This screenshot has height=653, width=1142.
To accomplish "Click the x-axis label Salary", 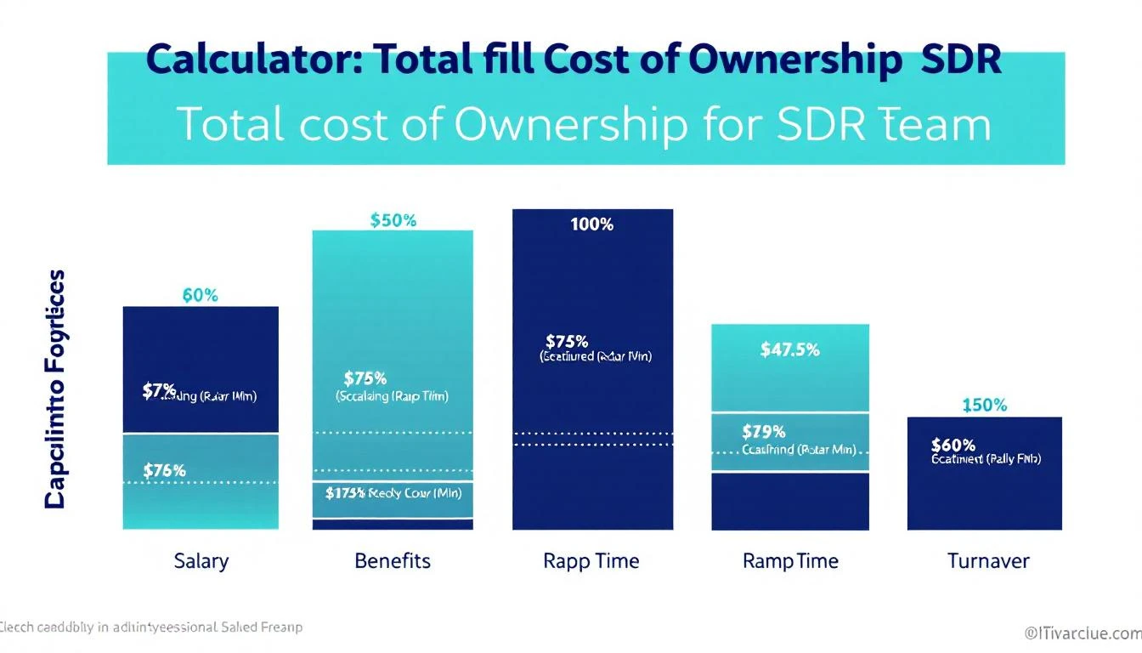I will [201, 561].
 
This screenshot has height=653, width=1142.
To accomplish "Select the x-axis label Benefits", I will [393, 561].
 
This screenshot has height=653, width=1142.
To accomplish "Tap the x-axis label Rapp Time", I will [591, 561].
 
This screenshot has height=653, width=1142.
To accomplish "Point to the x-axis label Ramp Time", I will [790, 561].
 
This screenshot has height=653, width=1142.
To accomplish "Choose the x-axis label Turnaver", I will [988, 561].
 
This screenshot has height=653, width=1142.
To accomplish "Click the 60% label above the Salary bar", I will [201, 296].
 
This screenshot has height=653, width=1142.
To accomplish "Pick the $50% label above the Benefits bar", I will [393, 220].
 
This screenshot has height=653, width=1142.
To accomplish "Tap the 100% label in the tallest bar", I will [592, 224].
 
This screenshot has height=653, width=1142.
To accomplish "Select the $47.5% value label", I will [790, 349].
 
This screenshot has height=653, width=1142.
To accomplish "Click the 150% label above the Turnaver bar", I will [985, 406].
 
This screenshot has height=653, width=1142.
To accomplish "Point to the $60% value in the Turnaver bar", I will [953, 445].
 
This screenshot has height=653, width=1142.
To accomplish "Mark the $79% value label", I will [763, 432].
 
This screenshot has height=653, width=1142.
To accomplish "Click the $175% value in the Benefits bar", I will [345, 492].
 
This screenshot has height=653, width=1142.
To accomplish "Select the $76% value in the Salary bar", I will [164, 470].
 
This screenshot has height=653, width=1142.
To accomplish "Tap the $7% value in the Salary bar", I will [159, 391].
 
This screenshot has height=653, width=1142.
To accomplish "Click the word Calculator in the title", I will [255, 62].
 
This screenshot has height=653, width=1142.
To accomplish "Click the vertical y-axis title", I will [54, 389].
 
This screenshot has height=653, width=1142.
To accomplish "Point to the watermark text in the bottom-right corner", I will [1082, 633].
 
